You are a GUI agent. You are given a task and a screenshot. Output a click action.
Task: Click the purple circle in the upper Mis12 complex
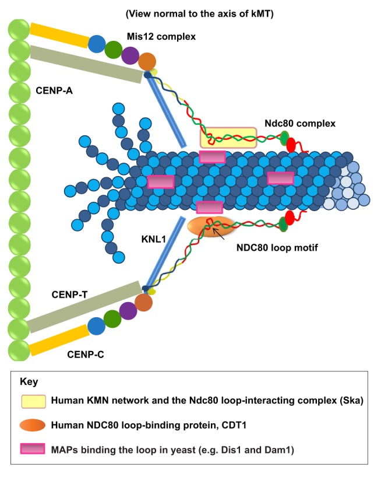[130, 55]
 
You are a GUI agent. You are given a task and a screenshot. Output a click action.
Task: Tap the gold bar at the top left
[59, 36]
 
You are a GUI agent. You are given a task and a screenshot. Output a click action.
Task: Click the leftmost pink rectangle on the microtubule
[161, 182]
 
